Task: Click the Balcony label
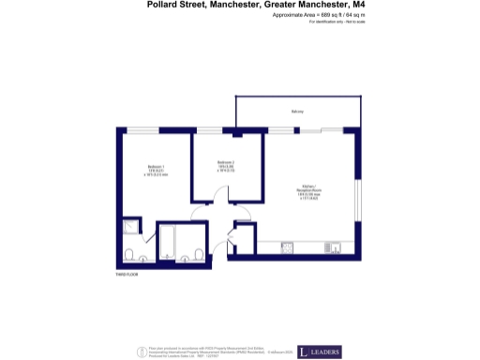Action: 297,112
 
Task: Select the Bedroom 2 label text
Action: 224,164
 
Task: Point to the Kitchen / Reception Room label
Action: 308,187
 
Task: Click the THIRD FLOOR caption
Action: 127,275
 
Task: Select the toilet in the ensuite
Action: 128,255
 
